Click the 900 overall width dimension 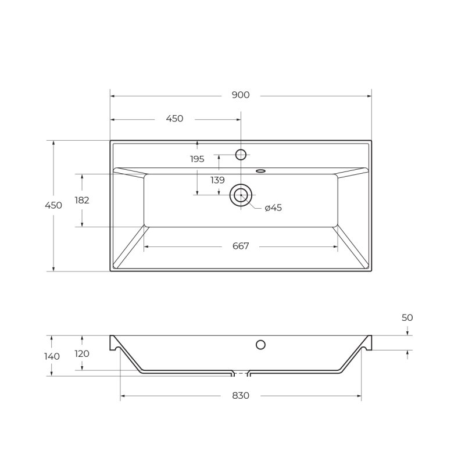pos(241,95)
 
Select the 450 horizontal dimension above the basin pos(175,119)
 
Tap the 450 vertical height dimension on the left pos(53,205)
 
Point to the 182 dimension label pos(82,201)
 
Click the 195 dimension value pos(197,159)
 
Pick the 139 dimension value pos(217,180)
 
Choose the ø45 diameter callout pos(273,208)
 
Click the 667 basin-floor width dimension pos(241,246)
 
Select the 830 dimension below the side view pos(241,396)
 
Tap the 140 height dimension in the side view pos(52,356)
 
